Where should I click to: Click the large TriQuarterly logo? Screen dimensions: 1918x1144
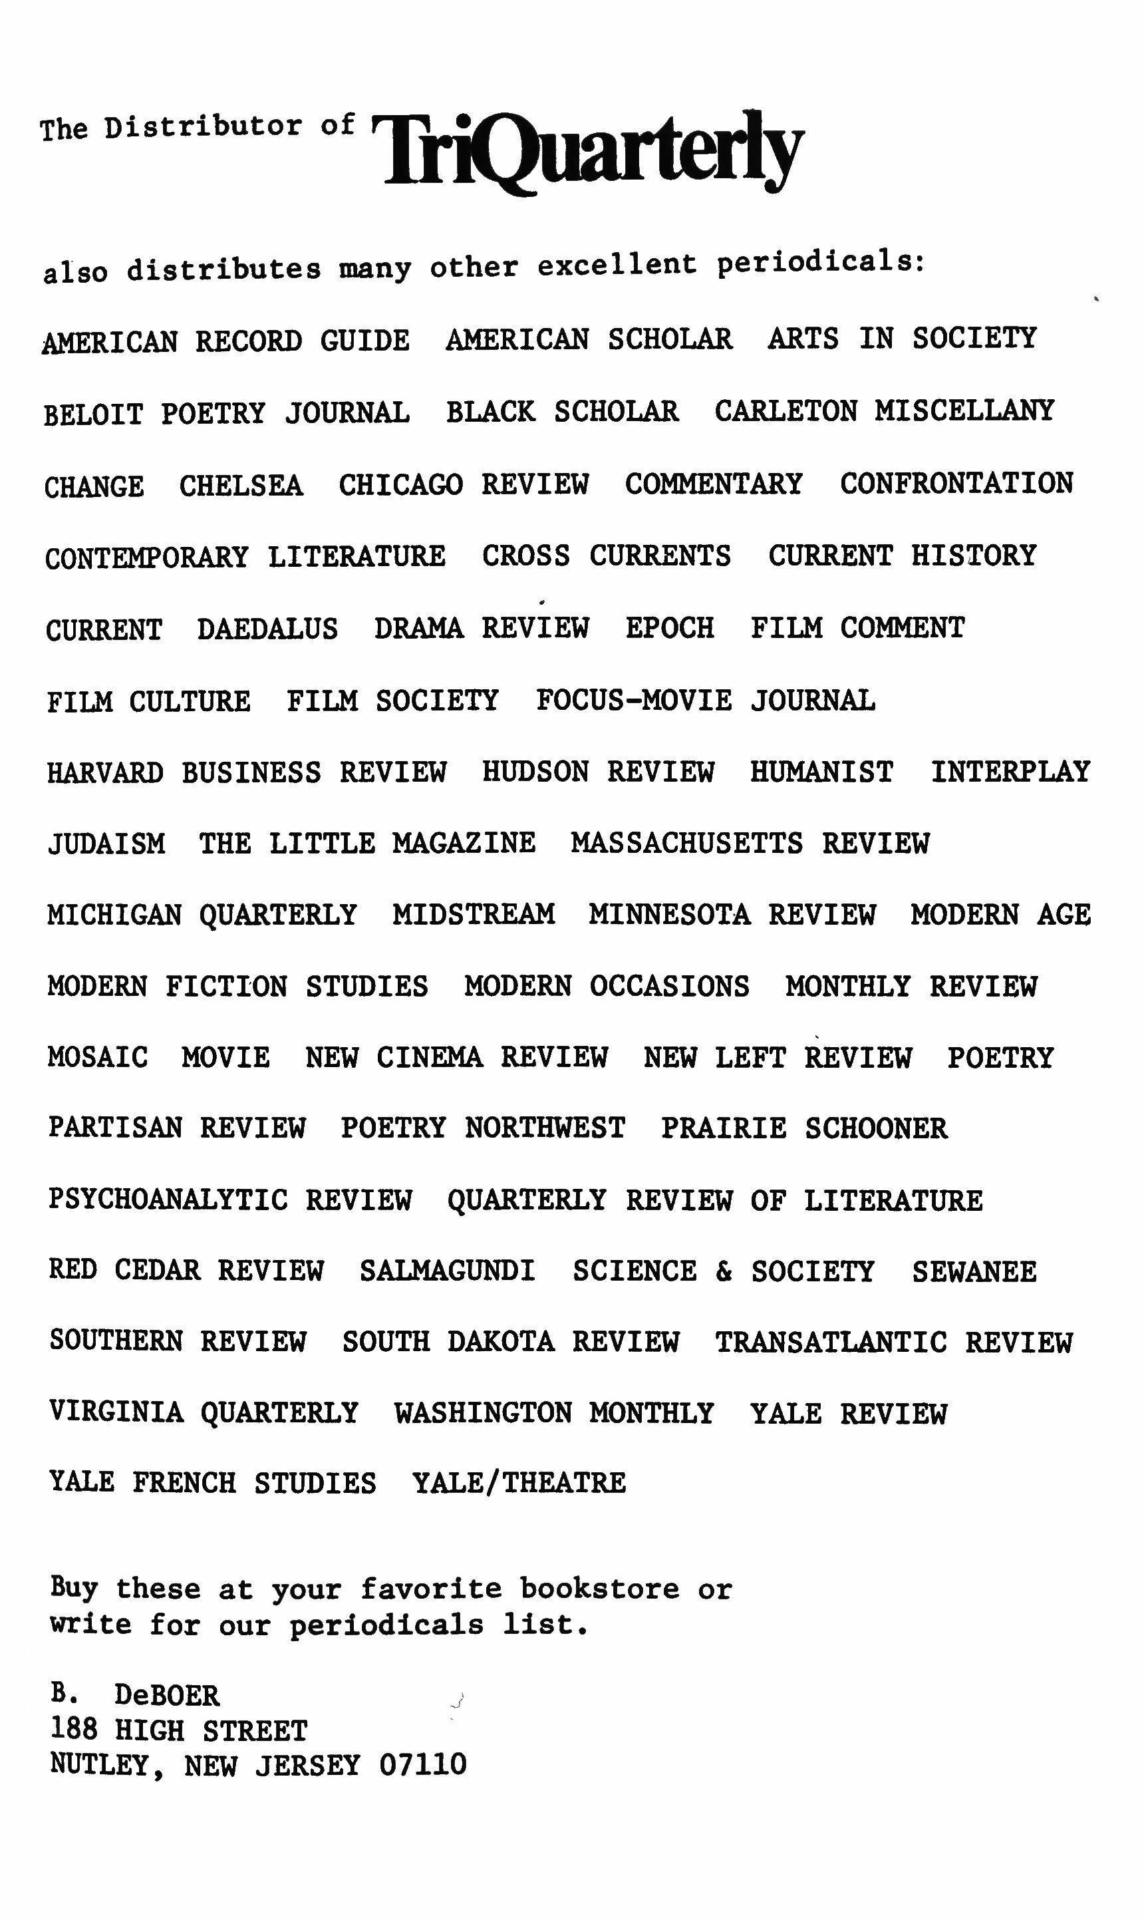click(587, 150)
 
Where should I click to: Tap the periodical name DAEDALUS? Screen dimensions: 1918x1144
click(267, 629)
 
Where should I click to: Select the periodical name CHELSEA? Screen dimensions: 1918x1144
click(241, 486)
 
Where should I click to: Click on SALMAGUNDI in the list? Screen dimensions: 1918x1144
click(447, 1271)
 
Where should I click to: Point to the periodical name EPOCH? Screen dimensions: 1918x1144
click(669, 628)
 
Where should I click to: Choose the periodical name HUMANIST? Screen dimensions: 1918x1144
click(822, 772)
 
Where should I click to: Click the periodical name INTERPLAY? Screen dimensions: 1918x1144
click(1010, 772)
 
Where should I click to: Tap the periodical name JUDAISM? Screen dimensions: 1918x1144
click(106, 844)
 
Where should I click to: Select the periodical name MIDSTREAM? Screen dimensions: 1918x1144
click(474, 914)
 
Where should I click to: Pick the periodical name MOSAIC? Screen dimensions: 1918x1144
click(97, 1057)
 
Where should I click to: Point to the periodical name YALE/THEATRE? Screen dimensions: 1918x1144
click(519, 1482)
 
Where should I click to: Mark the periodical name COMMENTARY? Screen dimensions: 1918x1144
click(713, 484)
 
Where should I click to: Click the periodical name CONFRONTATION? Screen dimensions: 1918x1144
click(956, 484)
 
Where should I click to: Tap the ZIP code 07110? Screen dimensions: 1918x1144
click(422, 1764)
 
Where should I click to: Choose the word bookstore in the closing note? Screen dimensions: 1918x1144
click(599, 1589)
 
